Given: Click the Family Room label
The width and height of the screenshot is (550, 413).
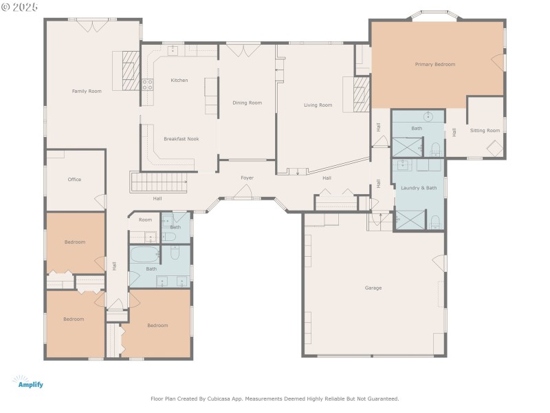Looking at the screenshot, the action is tap(87, 92).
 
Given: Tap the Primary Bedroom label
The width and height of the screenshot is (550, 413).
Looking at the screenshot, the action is tap(435, 64).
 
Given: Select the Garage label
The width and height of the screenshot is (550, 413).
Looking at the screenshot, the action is tap(373, 288).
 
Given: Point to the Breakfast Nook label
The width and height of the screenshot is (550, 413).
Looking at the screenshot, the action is tap(181, 139).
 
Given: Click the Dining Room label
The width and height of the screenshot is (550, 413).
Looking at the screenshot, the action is tap(247, 103).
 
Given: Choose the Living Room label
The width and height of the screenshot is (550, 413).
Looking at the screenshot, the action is tap(318, 105).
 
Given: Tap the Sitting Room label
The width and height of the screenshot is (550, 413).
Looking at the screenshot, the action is tap(485, 131).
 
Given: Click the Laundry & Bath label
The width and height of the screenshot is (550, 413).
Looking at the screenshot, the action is tap(419, 188).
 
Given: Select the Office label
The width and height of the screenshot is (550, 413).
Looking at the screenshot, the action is tap(74, 180).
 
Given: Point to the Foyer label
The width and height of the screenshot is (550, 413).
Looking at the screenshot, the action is tap(247, 178).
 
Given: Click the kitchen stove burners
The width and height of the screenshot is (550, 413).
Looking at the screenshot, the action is tap(147, 84).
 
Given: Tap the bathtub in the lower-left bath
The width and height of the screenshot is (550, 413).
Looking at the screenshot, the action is tap(145, 254).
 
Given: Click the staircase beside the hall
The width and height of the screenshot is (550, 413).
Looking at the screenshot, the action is tap(159, 182).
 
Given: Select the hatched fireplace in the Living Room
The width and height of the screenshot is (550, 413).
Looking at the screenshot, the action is tap(362, 94).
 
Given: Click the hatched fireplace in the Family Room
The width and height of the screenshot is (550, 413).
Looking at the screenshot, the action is tap(131, 71).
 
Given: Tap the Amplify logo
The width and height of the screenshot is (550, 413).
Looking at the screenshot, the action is tap(28, 382).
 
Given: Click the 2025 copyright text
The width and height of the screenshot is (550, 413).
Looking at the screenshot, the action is tap(20, 7).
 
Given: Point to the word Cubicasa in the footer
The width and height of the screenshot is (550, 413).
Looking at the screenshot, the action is tap(218, 399).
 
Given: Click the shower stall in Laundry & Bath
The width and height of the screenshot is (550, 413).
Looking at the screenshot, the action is tap(410, 220).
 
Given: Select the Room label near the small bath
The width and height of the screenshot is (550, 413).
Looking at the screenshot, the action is tap(145, 220).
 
